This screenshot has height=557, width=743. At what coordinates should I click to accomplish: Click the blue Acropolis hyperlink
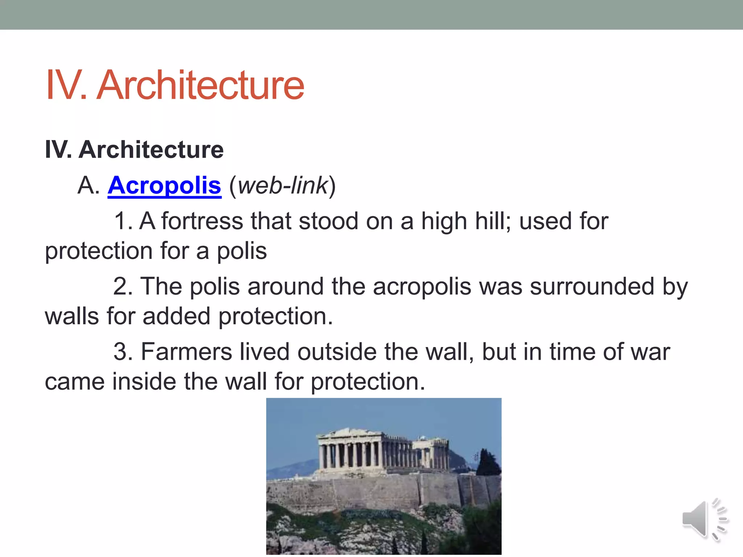coord(164,186)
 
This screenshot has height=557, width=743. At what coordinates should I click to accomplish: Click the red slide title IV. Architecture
coord(175,85)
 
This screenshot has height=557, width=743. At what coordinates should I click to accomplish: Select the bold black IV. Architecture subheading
coord(134,150)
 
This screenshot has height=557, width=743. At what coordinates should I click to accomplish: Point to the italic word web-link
coord(283,186)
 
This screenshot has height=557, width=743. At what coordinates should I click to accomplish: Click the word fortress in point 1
coord(202,221)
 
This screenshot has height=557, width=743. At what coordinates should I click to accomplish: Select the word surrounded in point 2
coord(592,286)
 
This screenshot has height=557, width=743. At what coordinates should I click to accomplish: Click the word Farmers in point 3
coord(186,352)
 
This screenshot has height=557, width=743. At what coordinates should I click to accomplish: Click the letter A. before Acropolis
coord(88,186)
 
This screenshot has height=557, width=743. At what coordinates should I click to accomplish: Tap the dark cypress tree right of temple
coord(486,462)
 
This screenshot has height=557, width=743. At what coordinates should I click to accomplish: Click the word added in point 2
coord(176,316)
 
